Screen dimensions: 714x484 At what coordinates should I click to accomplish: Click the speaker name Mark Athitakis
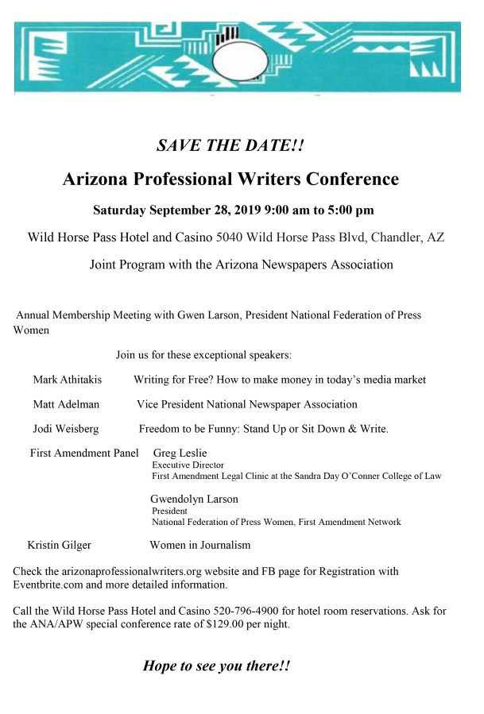[x=67, y=380]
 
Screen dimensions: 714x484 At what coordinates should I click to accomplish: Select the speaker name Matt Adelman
[x=66, y=404]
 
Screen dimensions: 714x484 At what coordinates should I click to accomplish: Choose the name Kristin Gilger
[x=59, y=545]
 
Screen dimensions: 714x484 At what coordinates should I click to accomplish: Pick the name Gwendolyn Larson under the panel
[x=194, y=500]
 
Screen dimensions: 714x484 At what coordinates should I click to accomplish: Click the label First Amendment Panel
[x=84, y=453]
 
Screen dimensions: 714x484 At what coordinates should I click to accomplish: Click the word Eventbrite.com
[x=52, y=585]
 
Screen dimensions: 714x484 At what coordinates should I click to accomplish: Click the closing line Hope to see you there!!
[x=216, y=666]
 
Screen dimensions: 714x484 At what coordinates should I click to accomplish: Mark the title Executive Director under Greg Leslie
[x=188, y=465]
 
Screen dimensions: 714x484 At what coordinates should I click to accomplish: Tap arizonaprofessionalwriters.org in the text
[x=134, y=571]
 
